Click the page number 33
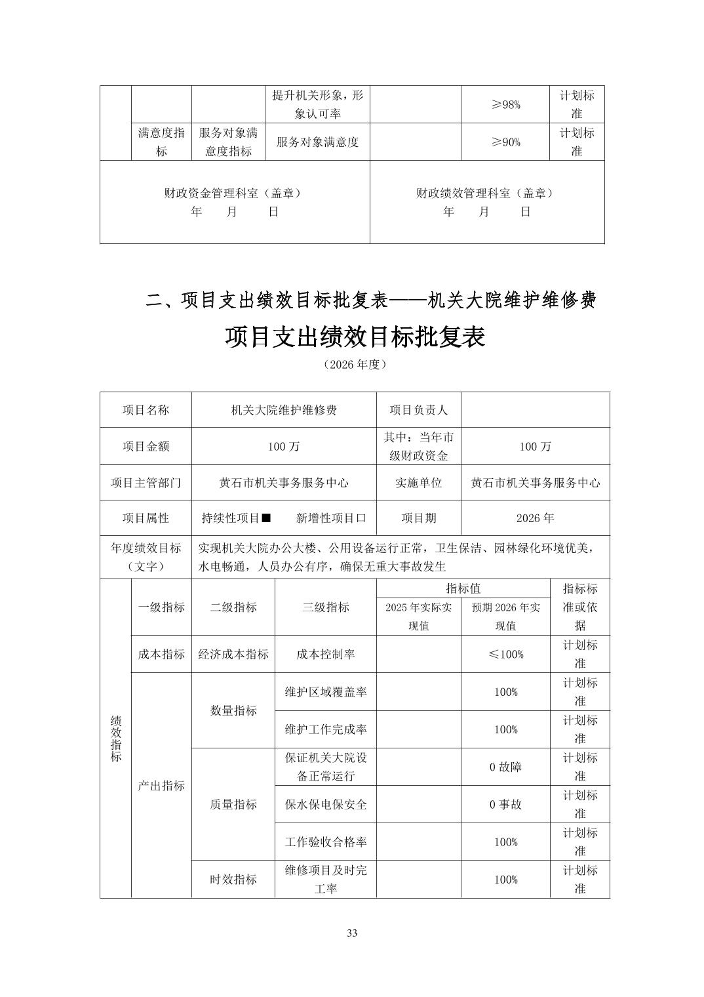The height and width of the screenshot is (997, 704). coord(352,933)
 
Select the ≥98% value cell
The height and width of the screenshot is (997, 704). coord(505,104)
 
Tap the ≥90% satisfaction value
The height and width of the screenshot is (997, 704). coord(505,142)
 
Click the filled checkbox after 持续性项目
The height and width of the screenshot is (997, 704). coord(266,518)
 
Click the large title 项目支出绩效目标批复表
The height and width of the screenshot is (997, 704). coord(355,337)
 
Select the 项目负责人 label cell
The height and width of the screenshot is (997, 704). coord(418,410)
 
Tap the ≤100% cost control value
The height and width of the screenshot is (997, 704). coord(505,654)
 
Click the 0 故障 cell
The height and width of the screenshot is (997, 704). coord(505,767)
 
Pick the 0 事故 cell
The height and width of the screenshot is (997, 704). coord(505,804)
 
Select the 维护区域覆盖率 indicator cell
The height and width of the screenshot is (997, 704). coord(326,692)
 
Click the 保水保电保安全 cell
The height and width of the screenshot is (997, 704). coord(326,804)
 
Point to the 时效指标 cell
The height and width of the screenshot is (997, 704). coord(233,880)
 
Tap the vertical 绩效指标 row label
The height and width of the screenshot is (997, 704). coord(116,738)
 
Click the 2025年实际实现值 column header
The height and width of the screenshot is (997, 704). coord(418,617)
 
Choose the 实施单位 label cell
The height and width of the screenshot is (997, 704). coord(418,483)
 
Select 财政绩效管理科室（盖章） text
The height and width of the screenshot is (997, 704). coord(485,193)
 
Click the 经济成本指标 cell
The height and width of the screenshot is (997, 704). coord(233,654)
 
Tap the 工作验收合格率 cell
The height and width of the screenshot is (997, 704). coord(326,842)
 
